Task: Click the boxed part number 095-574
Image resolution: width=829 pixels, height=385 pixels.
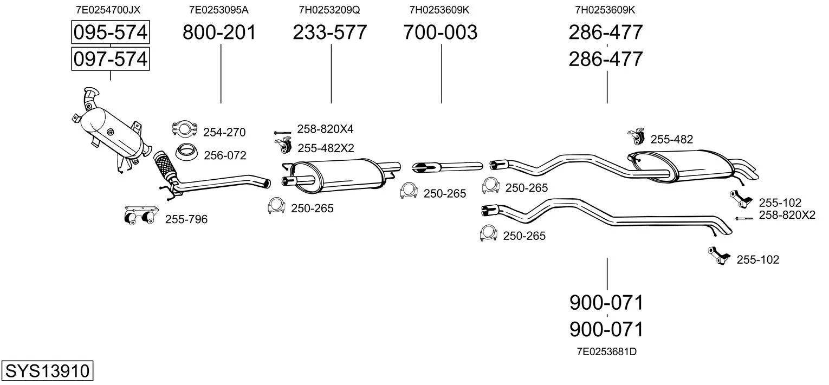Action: point(111,32)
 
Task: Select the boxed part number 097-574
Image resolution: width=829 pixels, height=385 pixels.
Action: point(111,59)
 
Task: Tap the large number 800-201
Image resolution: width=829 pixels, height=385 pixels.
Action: point(219,32)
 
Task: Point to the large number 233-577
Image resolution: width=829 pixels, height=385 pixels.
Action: point(330,32)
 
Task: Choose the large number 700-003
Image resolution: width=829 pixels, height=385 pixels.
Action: point(441,32)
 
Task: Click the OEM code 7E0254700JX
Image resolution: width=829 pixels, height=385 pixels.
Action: point(108,10)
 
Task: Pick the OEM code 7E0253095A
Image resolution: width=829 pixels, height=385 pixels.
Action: point(219,10)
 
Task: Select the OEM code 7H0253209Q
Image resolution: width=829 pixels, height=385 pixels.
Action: point(329,10)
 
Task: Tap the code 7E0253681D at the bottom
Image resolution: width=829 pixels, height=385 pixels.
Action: point(606,351)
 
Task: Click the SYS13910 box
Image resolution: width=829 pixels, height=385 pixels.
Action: point(47,370)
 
